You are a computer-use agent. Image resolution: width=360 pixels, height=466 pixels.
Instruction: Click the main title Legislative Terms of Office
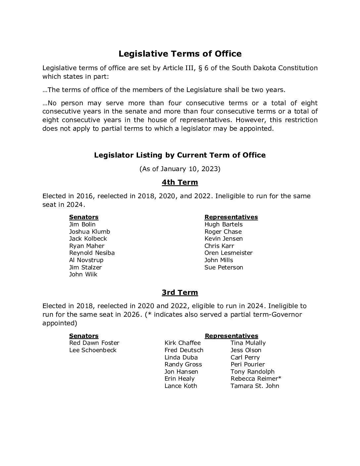pos(180,54)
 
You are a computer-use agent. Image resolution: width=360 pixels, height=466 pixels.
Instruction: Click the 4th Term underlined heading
pos(180,182)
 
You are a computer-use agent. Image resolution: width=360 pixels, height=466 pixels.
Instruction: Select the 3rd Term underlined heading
pos(180,293)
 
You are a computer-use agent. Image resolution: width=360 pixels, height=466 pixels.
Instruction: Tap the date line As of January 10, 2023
pos(180,169)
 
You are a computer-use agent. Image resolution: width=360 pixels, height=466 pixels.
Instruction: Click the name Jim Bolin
pos(82,224)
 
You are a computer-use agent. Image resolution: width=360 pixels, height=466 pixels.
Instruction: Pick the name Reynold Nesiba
pos(92,253)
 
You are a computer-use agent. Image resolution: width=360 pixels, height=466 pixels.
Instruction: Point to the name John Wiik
pos(83,274)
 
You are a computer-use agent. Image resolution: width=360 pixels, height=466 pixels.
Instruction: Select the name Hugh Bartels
pos(223,224)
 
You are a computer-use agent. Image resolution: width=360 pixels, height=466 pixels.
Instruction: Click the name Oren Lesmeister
pos(228,253)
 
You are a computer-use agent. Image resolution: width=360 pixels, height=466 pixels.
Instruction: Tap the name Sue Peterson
pos(224,267)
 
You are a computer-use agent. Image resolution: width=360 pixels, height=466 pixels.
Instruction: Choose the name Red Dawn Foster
pos(94,343)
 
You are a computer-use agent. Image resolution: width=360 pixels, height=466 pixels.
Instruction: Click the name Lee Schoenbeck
pos(93,350)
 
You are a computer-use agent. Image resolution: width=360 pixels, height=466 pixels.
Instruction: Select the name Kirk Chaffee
pos(182,343)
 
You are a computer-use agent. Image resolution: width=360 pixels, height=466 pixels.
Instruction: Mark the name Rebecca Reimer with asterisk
pos(256,379)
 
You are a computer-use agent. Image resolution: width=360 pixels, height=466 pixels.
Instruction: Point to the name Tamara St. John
pos(255,386)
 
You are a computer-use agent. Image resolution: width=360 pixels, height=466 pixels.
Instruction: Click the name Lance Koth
pos(181,386)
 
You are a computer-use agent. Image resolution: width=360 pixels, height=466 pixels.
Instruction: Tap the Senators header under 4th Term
pos(84,217)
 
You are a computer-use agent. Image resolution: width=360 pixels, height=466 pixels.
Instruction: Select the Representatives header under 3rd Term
pos(231,336)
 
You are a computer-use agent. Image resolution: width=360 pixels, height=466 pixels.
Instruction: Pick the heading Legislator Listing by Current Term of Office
pos(180,155)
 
